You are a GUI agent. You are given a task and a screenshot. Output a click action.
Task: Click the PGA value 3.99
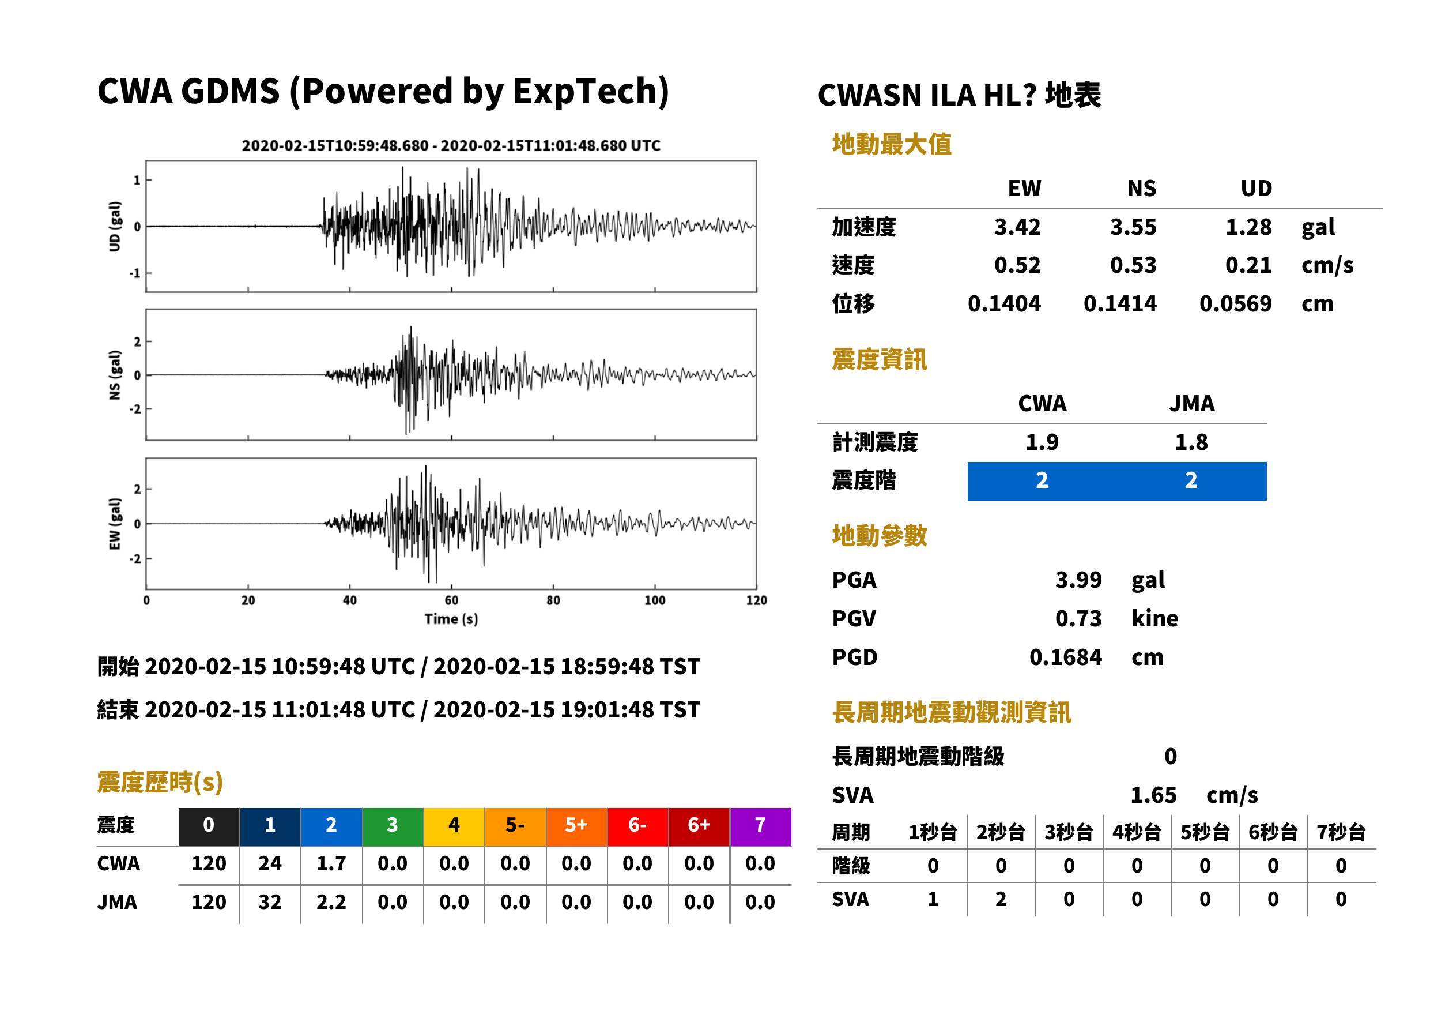(x=1078, y=580)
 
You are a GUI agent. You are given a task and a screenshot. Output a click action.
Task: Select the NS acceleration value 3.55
(x=1133, y=227)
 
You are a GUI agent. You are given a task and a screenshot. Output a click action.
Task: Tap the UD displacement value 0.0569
(x=1235, y=303)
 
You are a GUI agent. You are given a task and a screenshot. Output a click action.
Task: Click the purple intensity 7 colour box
(x=760, y=826)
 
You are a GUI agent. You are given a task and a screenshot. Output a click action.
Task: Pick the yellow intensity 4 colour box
(x=454, y=826)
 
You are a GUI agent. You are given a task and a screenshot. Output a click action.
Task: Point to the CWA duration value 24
(x=270, y=863)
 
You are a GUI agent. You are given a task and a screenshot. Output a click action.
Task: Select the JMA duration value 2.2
(x=331, y=902)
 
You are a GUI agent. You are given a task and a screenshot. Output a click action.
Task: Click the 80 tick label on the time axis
(x=553, y=600)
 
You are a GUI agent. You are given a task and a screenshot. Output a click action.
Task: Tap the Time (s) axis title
(x=451, y=619)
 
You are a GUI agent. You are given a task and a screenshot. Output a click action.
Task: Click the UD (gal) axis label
(x=115, y=227)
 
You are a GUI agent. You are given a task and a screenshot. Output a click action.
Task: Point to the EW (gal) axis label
(x=115, y=524)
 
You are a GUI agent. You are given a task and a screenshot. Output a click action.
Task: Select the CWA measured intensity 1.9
(x=1042, y=442)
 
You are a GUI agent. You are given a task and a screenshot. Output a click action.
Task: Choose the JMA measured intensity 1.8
(x=1191, y=442)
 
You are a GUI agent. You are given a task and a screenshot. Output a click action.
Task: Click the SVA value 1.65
(x=1153, y=795)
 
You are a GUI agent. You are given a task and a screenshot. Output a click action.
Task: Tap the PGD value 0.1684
(x=1065, y=657)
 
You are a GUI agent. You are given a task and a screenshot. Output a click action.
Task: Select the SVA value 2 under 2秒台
(x=1001, y=899)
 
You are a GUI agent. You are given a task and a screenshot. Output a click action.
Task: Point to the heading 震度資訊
(x=879, y=359)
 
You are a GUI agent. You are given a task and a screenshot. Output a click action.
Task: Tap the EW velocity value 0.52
(x=1017, y=265)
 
